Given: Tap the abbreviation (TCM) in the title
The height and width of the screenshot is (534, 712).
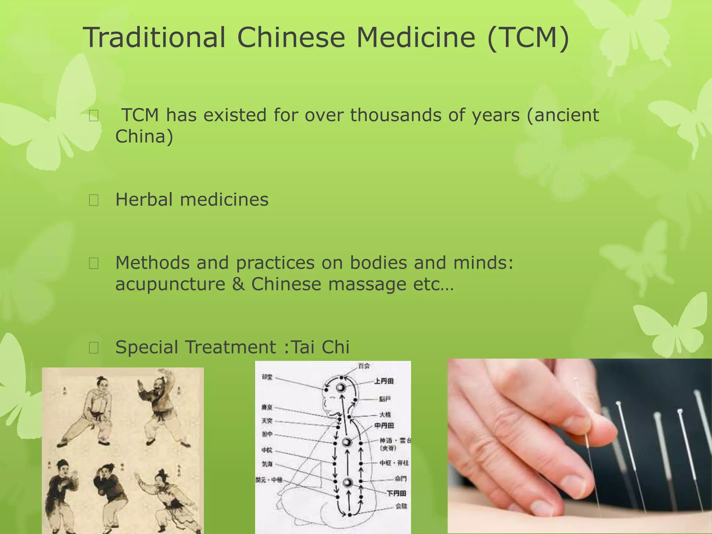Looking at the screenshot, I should click(528, 38).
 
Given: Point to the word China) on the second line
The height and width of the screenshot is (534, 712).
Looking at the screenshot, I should click(144, 136).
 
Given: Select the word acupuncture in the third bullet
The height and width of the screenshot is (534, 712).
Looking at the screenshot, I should click(170, 284).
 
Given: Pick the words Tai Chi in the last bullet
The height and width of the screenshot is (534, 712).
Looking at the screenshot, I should click(320, 347).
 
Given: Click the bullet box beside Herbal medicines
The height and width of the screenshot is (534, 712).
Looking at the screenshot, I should click(94, 200).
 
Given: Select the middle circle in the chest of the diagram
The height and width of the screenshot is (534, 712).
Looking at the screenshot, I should click(347, 442).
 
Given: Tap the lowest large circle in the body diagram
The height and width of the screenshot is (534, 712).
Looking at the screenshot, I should click(348, 483).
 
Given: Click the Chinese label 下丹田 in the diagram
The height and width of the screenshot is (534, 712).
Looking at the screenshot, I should click(396, 493).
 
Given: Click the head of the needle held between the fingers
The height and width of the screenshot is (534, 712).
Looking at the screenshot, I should click(575, 380).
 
